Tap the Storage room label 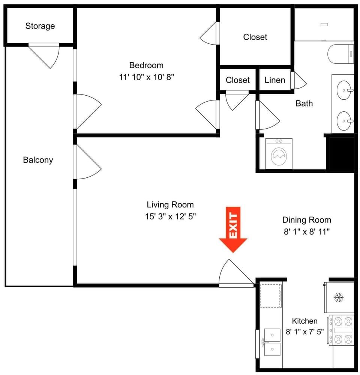click(x=40, y=26)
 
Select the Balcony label click(x=38, y=160)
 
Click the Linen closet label click(x=275, y=80)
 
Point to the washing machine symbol click(x=279, y=154)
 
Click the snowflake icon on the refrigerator click(x=339, y=297)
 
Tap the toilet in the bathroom click(x=340, y=54)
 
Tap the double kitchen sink click(x=272, y=342)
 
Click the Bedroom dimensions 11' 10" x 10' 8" click(x=146, y=77)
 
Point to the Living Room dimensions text click(x=170, y=216)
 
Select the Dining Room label click(x=307, y=220)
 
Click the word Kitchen click(x=305, y=321)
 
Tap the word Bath click(x=304, y=103)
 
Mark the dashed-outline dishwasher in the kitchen click(x=270, y=296)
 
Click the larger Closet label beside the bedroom click(x=255, y=37)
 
